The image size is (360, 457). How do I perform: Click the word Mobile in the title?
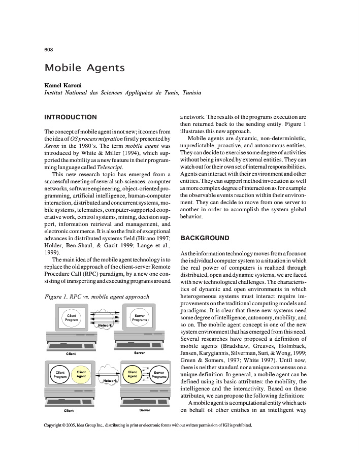(x=61, y=68)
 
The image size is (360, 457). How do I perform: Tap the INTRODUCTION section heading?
(x=71, y=117)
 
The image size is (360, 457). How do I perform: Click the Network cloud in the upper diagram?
(x=105, y=325)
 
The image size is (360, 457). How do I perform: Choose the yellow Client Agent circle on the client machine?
(x=81, y=375)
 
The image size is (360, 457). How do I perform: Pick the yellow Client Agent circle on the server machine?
(x=133, y=375)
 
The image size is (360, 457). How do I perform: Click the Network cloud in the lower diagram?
(x=110, y=380)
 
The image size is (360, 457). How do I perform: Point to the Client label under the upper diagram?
(x=71, y=354)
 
